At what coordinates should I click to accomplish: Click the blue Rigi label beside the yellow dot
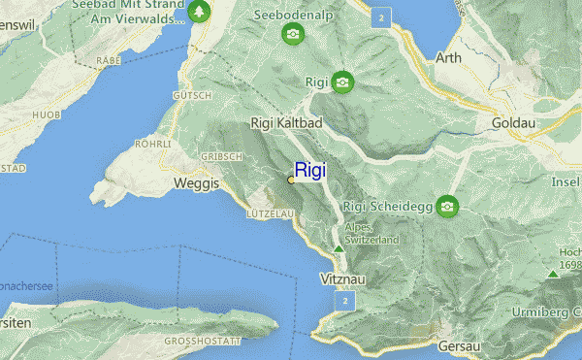pyautogui.click(x=310, y=170)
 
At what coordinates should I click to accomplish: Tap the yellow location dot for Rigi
pyautogui.click(x=291, y=180)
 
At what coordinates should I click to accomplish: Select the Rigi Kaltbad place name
pyautogui.click(x=286, y=122)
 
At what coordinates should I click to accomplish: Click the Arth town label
pyautogui.click(x=448, y=57)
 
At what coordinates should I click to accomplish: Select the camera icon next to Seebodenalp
pyautogui.click(x=292, y=36)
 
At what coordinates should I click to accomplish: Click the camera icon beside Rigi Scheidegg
pyautogui.click(x=447, y=206)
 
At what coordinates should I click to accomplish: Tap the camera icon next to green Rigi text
pyautogui.click(x=342, y=82)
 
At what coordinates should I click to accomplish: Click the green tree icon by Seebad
pyautogui.click(x=199, y=12)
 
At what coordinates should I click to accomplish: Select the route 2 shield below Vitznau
pyautogui.click(x=343, y=303)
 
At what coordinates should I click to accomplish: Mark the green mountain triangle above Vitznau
pyautogui.click(x=339, y=250)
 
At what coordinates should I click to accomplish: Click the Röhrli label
pyautogui.click(x=153, y=143)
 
